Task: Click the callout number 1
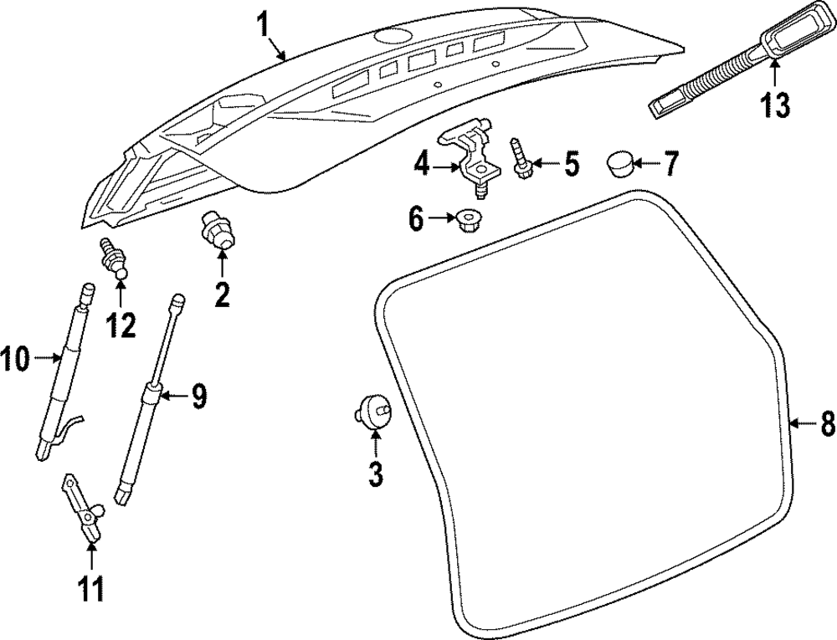(x=264, y=23)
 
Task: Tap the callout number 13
(x=774, y=105)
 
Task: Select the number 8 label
(x=826, y=425)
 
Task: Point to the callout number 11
(x=90, y=588)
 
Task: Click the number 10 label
(x=15, y=360)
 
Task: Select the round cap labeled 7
(x=618, y=163)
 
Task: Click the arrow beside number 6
(x=441, y=221)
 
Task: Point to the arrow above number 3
(x=375, y=441)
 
